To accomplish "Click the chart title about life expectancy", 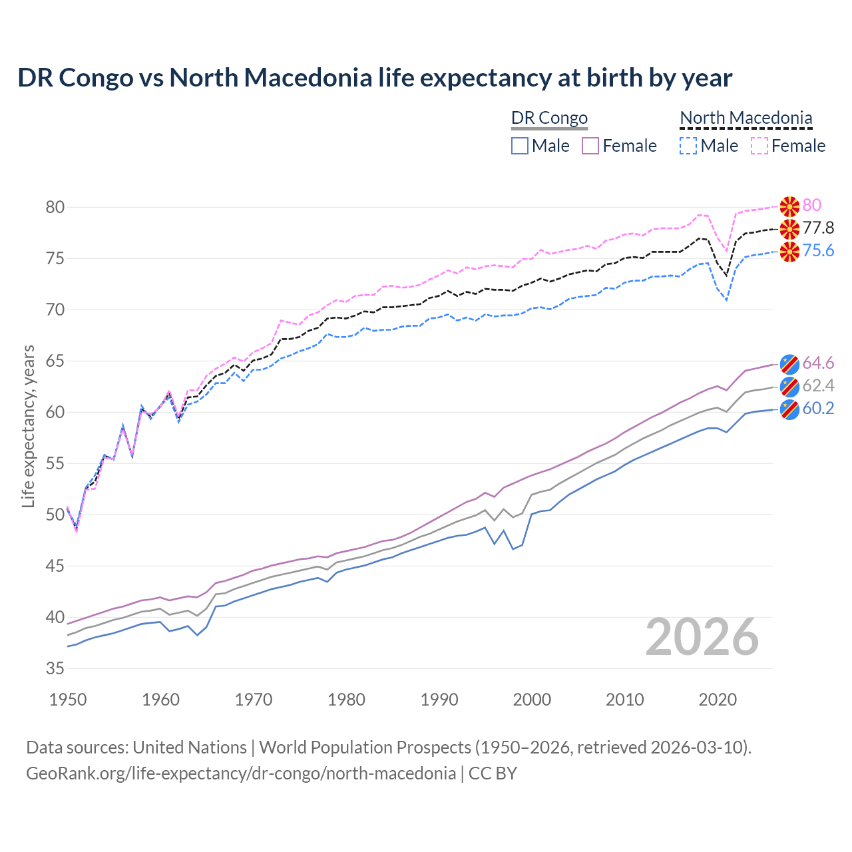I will click(375, 78).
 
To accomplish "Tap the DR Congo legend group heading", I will click(549, 118).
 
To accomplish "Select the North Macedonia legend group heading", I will click(745, 118).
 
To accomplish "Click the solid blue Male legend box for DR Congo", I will click(520, 146).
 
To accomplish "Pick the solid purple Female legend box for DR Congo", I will click(591, 146).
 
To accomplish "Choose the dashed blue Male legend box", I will click(688, 146).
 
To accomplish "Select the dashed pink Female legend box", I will click(759, 146).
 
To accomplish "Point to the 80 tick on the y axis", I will click(55, 207).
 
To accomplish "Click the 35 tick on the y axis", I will click(55, 668).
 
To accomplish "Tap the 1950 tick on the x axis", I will click(68, 700).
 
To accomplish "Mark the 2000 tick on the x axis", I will click(532, 700).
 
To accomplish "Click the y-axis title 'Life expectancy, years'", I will click(29, 426).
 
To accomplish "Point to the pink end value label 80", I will click(812, 205).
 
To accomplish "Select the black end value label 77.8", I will click(818, 228).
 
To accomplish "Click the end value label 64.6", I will click(818, 363).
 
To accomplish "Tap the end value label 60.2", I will click(818, 408).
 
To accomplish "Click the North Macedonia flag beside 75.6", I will click(789, 252).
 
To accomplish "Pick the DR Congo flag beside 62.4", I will click(789, 386).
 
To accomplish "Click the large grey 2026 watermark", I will click(702, 637).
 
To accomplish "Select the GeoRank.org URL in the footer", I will click(241, 773).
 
